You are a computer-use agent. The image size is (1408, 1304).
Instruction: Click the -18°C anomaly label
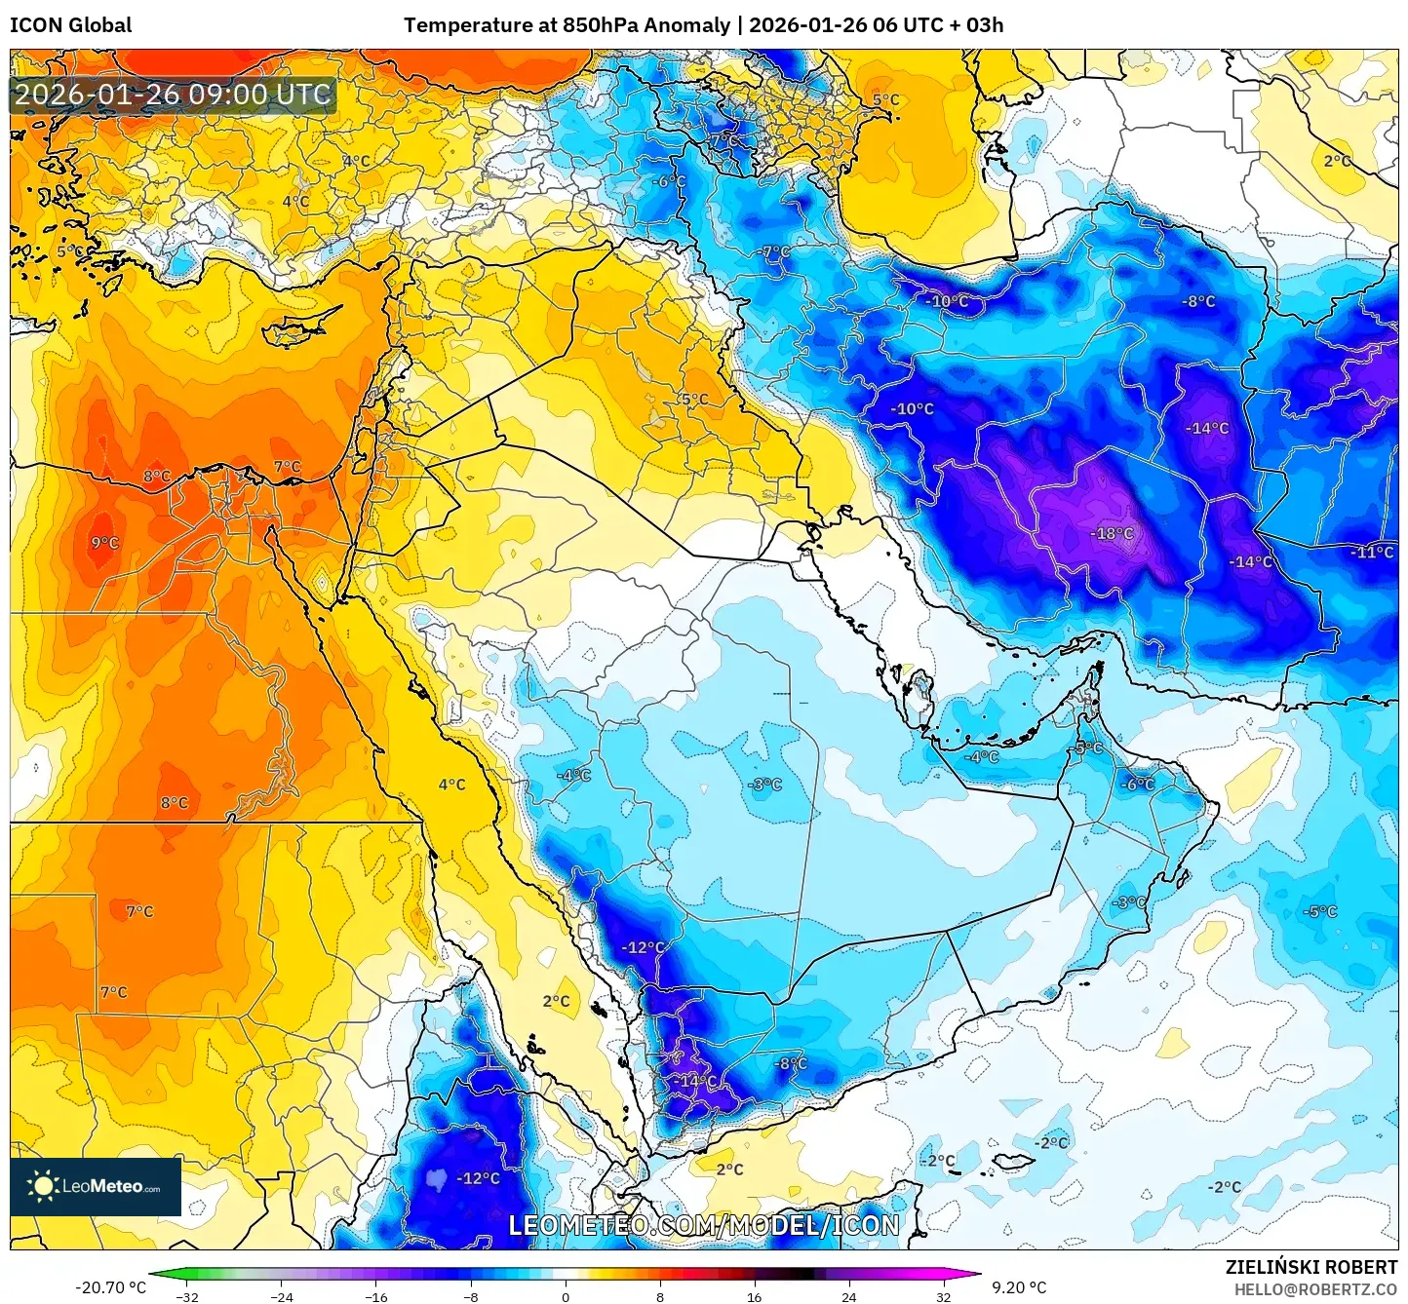tap(1112, 534)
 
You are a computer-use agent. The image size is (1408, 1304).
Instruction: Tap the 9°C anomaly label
tap(104, 543)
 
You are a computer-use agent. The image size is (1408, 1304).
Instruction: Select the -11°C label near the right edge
tap(1372, 553)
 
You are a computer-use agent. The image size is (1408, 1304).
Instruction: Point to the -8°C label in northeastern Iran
tap(1199, 302)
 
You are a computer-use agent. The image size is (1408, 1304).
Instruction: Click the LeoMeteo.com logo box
tap(96, 1186)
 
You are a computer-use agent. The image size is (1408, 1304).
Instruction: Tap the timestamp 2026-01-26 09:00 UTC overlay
tap(173, 95)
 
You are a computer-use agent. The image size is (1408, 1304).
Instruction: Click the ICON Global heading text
tap(70, 25)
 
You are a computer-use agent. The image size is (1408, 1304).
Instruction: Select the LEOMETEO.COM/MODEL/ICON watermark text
tap(704, 1225)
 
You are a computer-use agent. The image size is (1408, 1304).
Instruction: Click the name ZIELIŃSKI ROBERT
tap(1310, 1267)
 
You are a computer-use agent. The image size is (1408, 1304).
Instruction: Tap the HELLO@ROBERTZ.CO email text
tap(1314, 1289)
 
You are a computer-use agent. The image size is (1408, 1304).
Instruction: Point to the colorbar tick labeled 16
tap(754, 1296)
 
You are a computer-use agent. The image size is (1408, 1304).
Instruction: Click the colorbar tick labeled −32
tap(187, 1296)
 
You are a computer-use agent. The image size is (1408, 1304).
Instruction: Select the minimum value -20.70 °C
tap(110, 1287)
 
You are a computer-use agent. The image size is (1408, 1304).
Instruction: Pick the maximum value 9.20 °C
tap(1019, 1287)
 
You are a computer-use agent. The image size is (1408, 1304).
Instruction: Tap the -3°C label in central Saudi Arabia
tap(765, 785)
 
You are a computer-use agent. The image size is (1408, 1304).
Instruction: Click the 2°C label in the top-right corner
tap(1337, 161)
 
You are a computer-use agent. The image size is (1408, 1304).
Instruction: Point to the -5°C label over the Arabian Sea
tap(1320, 912)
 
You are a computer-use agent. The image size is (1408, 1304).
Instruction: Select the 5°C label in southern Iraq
tap(694, 400)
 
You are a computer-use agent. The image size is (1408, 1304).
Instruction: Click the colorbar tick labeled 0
tap(566, 1296)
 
